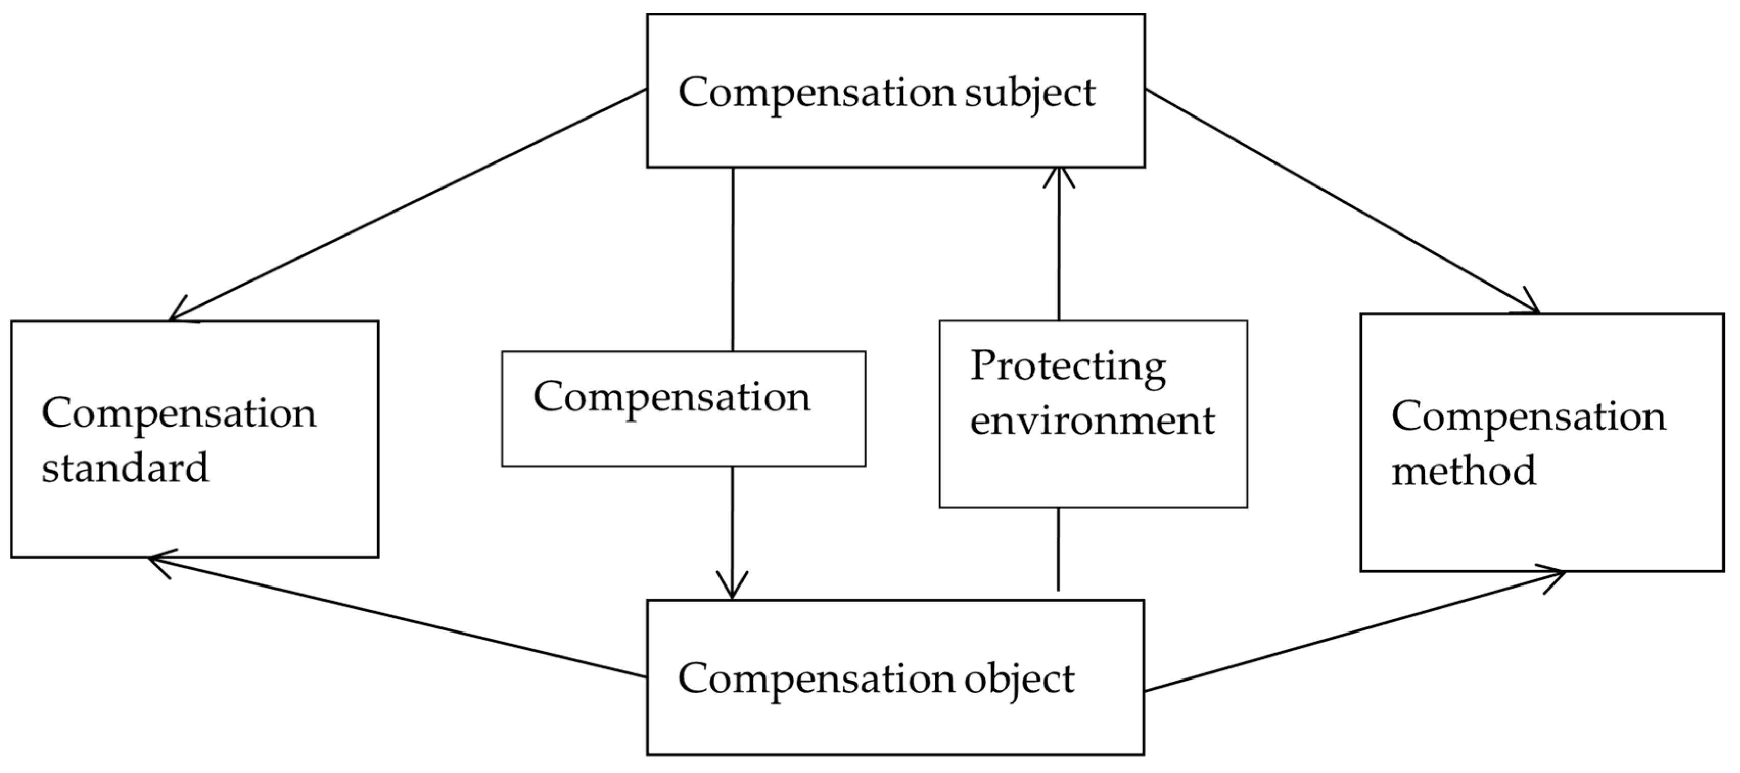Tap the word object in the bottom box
point(1019,679)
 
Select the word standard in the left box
point(126,468)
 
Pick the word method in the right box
point(1464,471)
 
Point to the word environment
point(1092,420)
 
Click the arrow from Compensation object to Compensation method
point(1351,631)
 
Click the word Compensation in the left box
point(179,414)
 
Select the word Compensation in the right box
point(1528,416)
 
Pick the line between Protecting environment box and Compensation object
point(1058,548)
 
